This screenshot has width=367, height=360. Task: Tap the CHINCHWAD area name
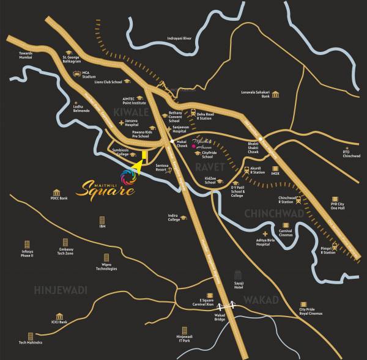point(273,213)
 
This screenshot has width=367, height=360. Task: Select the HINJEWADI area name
point(61,289)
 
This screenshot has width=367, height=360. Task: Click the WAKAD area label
point(261,299)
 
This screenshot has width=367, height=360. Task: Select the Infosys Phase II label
point(26,253)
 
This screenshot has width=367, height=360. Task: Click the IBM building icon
point(102,220)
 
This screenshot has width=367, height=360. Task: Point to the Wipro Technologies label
point(106,266)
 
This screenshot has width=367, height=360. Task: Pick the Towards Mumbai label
point(25,55)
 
